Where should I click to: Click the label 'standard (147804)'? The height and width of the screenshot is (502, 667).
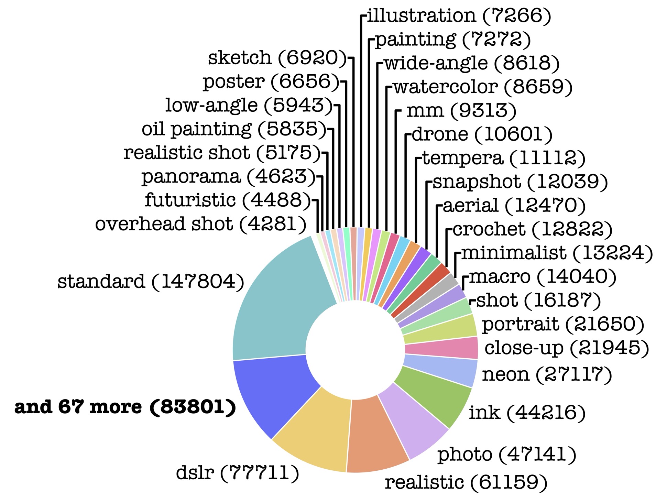point(151,282)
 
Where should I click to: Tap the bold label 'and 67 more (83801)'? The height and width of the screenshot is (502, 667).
point(125,407)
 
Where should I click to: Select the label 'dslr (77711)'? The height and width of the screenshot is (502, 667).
point(237,472)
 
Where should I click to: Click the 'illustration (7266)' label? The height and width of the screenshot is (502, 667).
point(459,15)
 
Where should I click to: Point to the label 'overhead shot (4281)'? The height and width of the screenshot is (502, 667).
point(201,224)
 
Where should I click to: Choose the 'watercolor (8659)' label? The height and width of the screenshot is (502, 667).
point(483,87)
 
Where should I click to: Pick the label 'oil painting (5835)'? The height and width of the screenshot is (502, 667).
point(234,129)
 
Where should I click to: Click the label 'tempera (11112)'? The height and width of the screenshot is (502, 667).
point(504,158)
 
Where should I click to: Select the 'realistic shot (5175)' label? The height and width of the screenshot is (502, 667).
point(222,153)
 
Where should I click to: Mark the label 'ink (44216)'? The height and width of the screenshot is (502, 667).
point(527,412)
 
